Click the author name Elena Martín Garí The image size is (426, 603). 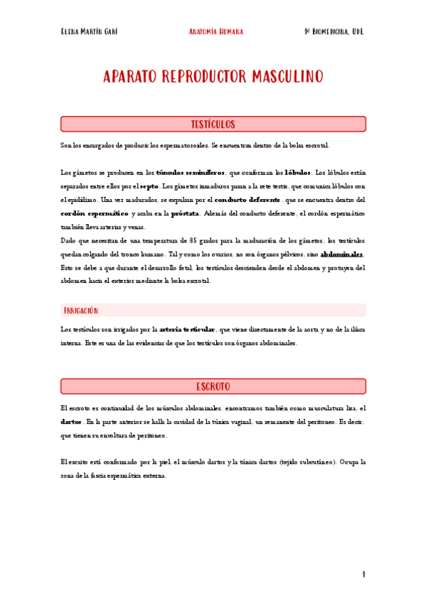pos(90,32)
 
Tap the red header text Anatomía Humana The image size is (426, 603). pos(216,32)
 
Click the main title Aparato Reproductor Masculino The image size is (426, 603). pos(213,76)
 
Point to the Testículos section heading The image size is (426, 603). pos(213,124)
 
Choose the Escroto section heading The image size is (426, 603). pos(213,386)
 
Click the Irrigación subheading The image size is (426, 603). pos(81,311)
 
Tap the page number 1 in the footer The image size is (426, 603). pos(363,574)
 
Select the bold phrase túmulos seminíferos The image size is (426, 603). pos(191,173)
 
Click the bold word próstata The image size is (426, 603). pos(186,213)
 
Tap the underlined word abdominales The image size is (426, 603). pos(342,254)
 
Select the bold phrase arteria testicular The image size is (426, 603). pos(187,329)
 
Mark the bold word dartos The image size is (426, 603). pos(72,422)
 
